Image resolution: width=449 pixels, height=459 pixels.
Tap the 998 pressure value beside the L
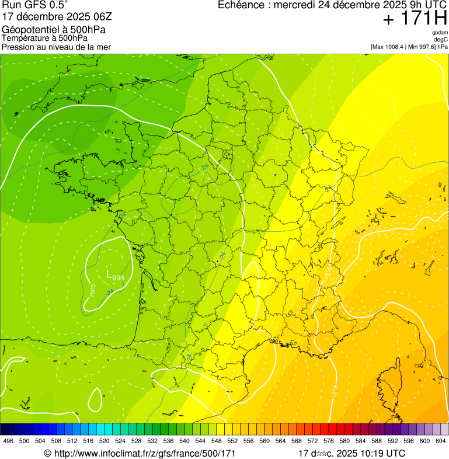[119, 278]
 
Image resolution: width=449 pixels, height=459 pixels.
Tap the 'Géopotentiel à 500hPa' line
[54, 30]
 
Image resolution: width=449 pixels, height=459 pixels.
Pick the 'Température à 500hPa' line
[45, 38]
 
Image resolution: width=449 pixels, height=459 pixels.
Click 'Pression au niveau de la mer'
[56, 47]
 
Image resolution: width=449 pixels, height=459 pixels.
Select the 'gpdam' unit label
[439, 33]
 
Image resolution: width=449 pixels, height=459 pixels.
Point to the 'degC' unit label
[440, 40]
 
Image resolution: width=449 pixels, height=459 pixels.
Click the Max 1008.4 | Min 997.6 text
[409, 47]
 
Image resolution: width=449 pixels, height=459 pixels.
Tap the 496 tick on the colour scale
[8, 441]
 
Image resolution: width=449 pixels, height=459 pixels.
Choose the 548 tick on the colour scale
[217, 441]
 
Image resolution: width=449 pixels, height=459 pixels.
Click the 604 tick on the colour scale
[441, 441]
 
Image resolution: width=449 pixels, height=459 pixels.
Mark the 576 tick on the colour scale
[329, 441]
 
